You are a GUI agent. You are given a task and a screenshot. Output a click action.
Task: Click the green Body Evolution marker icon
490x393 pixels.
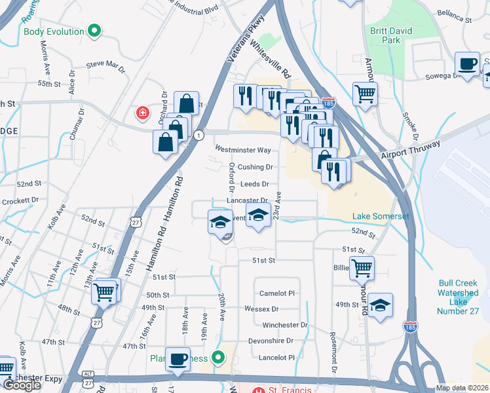(x=94, y=31)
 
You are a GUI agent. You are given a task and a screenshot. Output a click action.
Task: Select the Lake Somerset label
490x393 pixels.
(x=381, y=217)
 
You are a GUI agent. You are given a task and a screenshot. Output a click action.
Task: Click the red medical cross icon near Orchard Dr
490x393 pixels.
(x=141, y=114)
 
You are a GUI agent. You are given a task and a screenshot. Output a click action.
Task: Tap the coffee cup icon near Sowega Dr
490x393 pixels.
(x=467, y=64)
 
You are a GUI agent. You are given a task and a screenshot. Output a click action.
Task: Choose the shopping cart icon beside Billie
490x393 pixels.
(x=362, y=267)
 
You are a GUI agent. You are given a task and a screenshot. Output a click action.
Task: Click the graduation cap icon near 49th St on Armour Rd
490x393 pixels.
(x=380, y=305)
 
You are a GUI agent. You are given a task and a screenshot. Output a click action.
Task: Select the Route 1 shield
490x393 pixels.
(x=198, y=134)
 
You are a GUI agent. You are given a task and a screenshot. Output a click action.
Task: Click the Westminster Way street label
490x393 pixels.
(x=242, y=150)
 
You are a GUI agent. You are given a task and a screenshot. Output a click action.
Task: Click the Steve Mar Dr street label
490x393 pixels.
(x=105, y=65)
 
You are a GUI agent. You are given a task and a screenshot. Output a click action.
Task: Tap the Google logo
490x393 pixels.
(x=22, y=384)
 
